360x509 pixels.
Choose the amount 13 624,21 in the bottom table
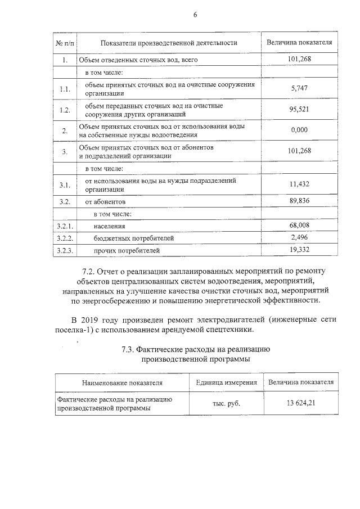coord(301,403)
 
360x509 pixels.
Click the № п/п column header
coord(65,43)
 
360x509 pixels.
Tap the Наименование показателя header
coord(122,382)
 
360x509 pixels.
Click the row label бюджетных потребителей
coord(126,238)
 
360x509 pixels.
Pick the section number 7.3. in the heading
coord(130,349)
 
